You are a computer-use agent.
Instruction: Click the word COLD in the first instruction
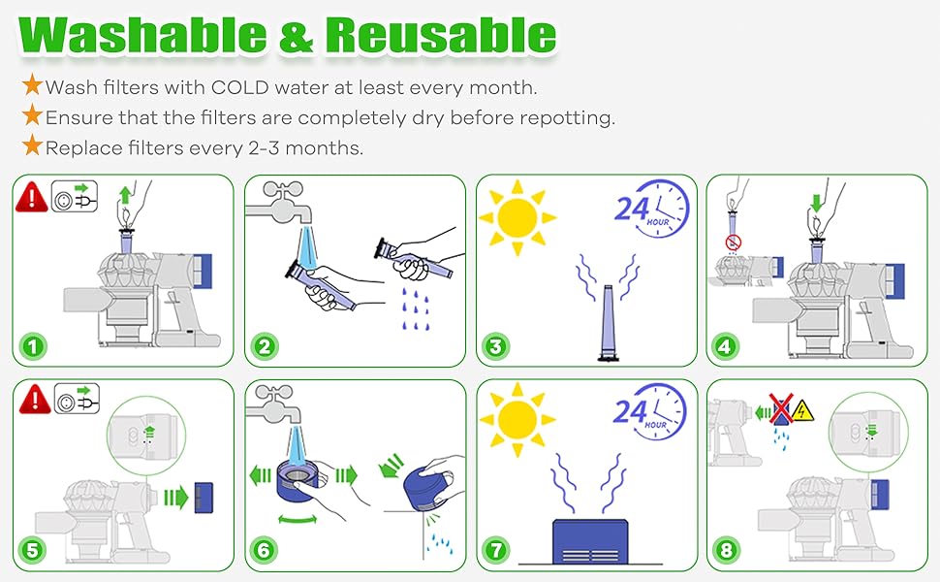pos(239,87)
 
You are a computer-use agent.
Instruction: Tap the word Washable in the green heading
pos(142,35)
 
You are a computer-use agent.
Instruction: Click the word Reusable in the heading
pos(441,35)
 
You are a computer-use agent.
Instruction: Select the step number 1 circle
pos(33,346)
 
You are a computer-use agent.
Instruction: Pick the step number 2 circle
pos(265,346)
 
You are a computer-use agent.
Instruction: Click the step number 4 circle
pos(726,346)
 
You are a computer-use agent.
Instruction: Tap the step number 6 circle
pos(265,550)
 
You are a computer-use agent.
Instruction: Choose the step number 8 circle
pos(727,550)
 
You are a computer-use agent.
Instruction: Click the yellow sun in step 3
pos(517,217)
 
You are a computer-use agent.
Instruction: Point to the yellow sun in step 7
pos(517,419)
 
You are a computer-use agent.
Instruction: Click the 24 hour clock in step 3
pos(653,208)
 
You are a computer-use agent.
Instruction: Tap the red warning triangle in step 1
pos(32,198)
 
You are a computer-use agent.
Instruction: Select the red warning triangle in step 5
pos(35,399)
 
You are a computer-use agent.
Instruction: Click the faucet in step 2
pos(280,204)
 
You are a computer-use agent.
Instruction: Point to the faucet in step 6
pos(277,405)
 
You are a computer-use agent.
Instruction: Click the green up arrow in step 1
pos(125,196)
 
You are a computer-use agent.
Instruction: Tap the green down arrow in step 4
pos(816,203)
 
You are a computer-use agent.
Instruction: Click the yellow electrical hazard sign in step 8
pos(802,411)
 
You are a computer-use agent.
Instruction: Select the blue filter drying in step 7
pos(590,541)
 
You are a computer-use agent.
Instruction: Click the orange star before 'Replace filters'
pos(32,145)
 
